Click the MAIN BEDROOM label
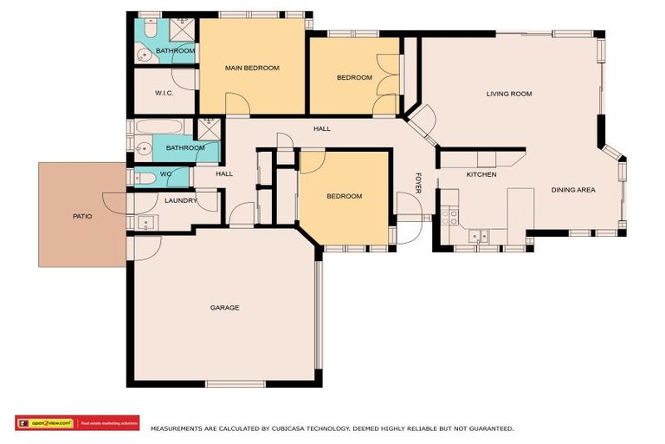[252, 68]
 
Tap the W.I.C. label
[165, 93]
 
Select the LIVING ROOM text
[508, 94]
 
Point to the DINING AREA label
[573, 190]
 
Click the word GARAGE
[224, 308]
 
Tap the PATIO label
[81, 216]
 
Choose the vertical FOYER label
[418, 183]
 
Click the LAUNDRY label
[181, 200]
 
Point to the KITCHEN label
[481, 175]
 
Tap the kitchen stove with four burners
[449, 217]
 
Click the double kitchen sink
[478, 235]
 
